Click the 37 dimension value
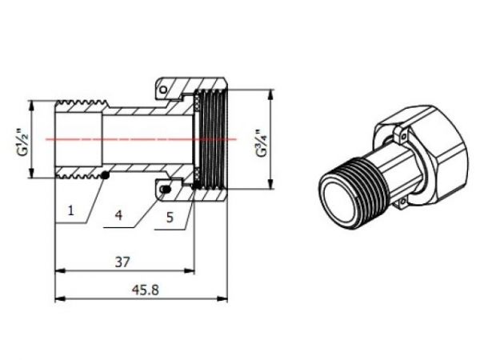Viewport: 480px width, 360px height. tap(122, 262)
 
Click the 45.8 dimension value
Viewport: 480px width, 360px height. tap(146, 290)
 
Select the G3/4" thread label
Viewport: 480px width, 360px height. tap(262, 142)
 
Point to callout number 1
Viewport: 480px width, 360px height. tap(71, 210)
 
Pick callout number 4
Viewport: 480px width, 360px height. tap(118, 215)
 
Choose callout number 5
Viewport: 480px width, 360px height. tap(170, 217)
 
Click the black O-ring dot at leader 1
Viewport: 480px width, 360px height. tap(105, 175)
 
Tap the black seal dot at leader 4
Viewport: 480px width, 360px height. tap(166, 190)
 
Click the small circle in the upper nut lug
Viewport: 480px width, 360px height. tap(164, 90)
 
